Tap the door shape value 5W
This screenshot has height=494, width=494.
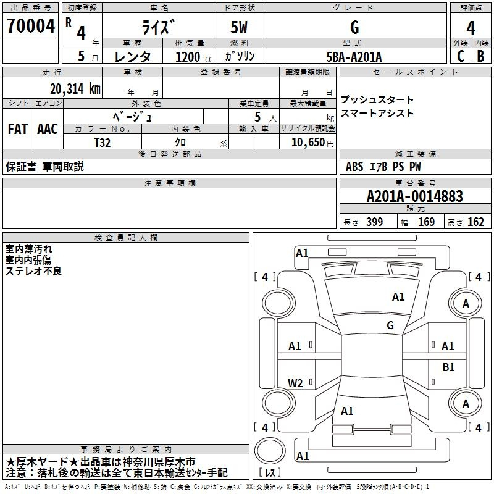[x=240, y=28]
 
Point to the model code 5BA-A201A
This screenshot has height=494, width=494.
[x=354, y=57]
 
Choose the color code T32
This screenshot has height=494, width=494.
[x=103, y=141]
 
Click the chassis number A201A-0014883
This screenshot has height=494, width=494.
[x=414, y=196]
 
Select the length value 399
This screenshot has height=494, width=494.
[x=374, y=222]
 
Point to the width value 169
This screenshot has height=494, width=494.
[x=426, y=222]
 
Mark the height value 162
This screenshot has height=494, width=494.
[x=475, y=222]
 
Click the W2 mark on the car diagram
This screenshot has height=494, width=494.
[x=295, y=383]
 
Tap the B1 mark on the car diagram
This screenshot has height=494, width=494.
[x=448, y=367]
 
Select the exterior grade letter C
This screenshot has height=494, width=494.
[x=460, y=56]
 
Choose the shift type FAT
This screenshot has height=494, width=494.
[x=17, y=129]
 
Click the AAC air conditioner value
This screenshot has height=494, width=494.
[x=47, y=129]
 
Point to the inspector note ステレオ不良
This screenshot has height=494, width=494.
[x=33, y=270]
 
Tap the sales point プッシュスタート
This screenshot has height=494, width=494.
[x=377, y=100]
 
